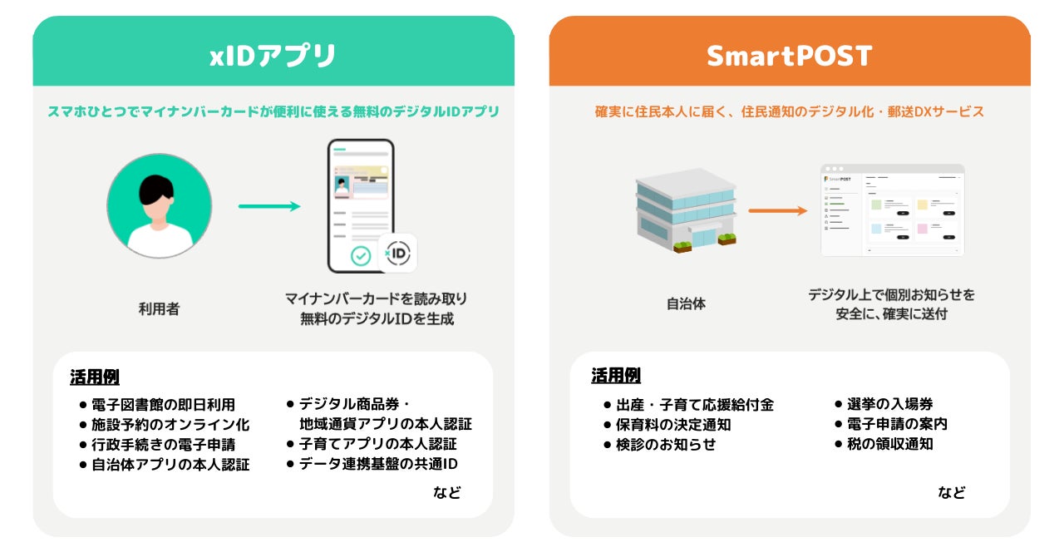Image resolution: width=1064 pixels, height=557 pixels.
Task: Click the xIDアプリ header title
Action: click(273, 56)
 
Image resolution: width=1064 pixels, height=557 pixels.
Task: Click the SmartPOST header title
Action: click(789, 56)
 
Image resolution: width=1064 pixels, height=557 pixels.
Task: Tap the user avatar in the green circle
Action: click(159, 205)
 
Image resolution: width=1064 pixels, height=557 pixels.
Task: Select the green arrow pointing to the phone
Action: click(269, 206)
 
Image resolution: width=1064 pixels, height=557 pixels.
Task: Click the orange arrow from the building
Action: click(777, 210)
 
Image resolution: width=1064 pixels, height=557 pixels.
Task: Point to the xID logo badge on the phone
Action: click(397, 253)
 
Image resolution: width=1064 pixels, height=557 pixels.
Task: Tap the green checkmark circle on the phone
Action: click(361, 255)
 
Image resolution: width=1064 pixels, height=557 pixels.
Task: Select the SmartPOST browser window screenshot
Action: click(892, 210)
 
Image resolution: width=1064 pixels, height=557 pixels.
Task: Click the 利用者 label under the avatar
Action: click(159, 309)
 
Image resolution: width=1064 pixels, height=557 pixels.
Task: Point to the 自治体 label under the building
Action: click(686, 304)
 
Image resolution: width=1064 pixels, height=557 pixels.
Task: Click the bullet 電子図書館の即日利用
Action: click(163, 405)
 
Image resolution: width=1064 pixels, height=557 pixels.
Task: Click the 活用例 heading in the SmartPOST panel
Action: click(616, 376)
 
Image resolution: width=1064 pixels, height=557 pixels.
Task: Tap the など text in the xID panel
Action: click(446, 492)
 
